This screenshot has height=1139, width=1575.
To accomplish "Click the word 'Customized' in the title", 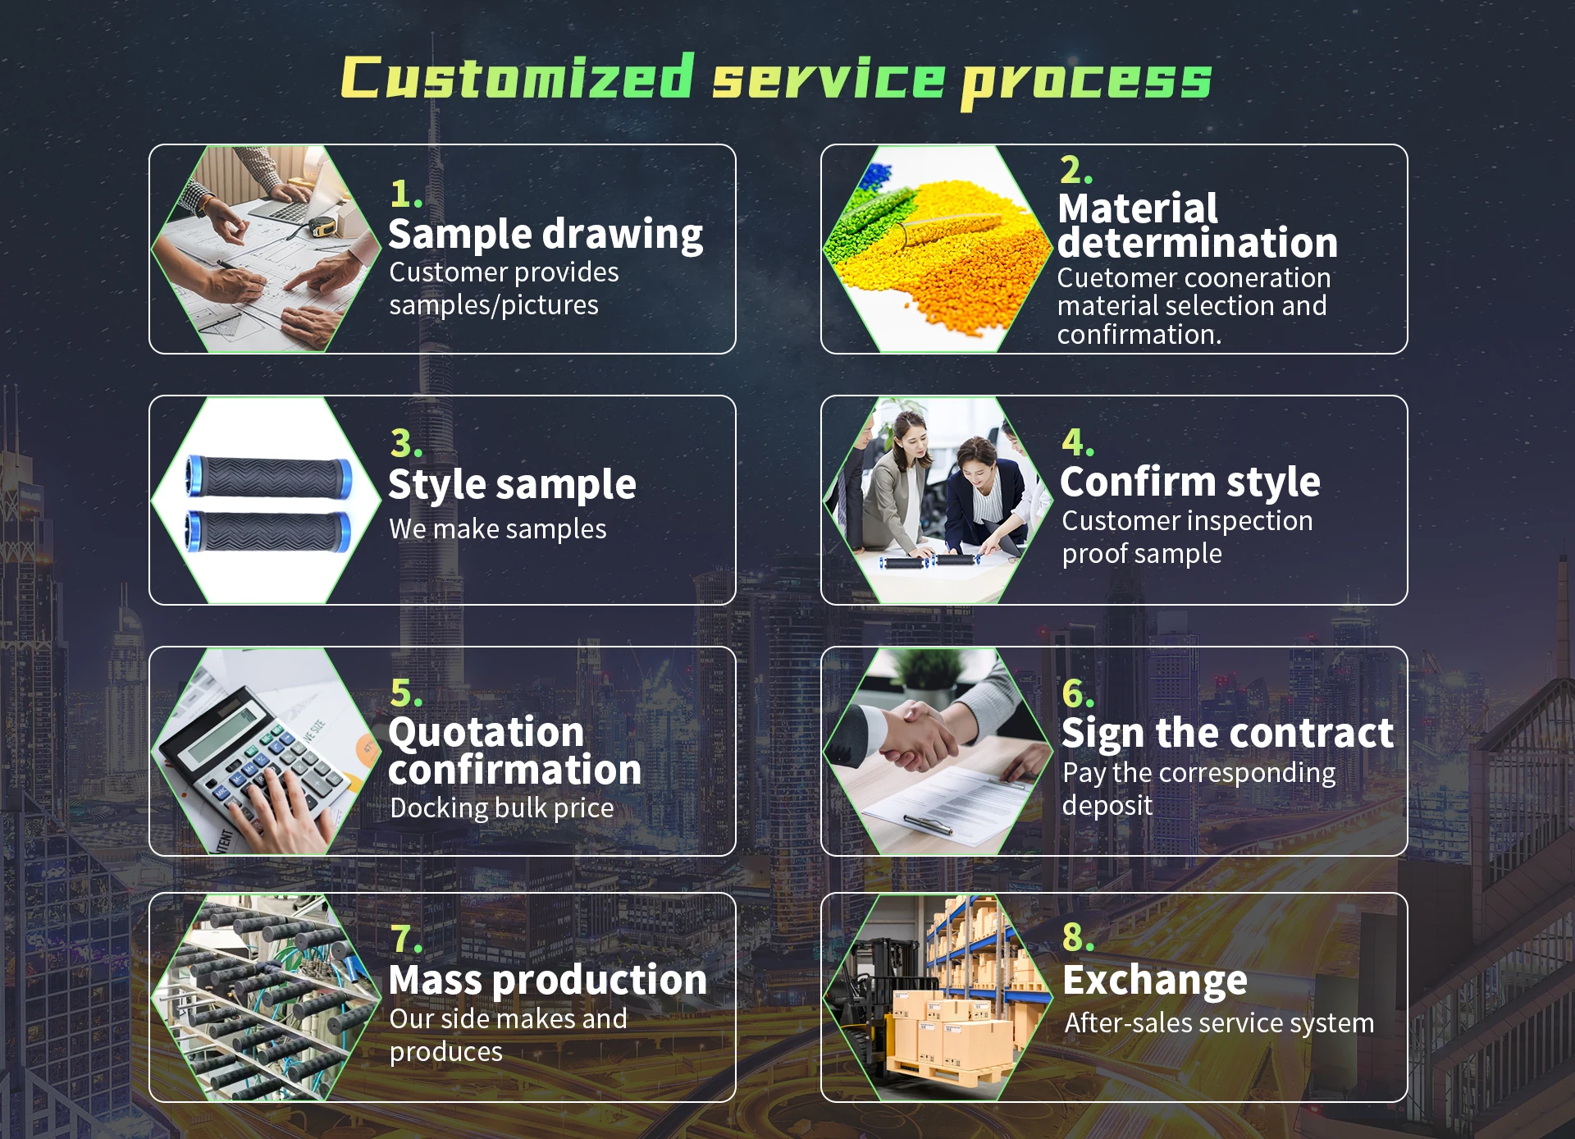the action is click(x=518, y=77).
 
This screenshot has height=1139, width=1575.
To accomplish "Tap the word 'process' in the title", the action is click(x=1086, y=82).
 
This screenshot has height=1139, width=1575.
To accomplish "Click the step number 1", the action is click(x=405, y=194).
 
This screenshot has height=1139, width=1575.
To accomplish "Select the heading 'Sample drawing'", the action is click(x=546, y=235).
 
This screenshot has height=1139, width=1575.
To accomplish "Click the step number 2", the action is click(x=1075, y=170).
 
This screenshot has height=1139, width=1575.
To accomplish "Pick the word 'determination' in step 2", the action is click(x=1197, y=244).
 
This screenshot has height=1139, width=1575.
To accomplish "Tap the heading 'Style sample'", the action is click(x=512, y=485).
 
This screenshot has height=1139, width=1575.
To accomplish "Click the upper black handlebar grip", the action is click(x=268, y=477).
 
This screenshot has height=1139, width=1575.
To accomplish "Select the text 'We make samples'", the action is click(x=498, y=529).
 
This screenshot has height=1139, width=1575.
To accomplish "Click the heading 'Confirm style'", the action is click(x=1189, y=483).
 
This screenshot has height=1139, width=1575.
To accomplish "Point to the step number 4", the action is click(x=1078, y=443).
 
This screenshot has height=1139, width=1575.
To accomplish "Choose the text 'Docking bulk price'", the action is click(x=502, y=808).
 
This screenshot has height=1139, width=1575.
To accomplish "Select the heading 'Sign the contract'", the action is click(x=1227, y=734).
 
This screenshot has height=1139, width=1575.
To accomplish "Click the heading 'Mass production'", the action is click(x=547, y=981).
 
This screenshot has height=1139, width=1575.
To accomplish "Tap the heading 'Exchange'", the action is click(x=1155, y=981).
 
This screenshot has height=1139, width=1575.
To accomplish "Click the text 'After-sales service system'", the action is click(x=1219, y=1023).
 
